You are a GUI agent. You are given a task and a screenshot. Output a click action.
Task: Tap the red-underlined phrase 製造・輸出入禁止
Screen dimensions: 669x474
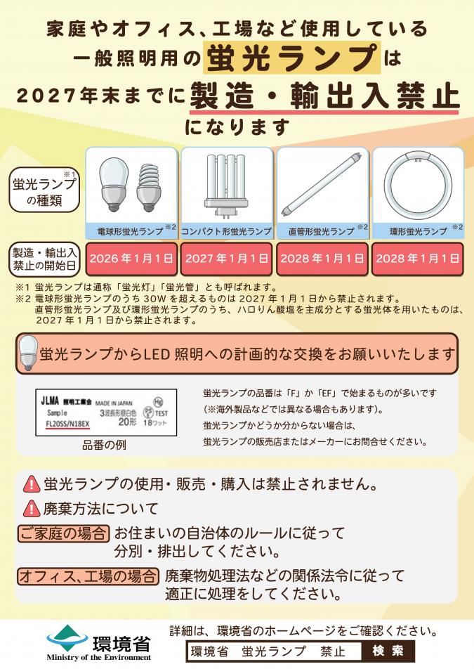(x=324, y=96)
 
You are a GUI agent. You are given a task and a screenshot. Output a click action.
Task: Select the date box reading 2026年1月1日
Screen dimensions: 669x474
(x=131, y=259)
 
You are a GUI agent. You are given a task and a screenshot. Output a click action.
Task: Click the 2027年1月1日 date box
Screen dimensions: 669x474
(x=227, y=259)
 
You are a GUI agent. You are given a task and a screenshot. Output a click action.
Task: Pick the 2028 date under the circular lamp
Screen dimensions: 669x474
(x=417, y=259)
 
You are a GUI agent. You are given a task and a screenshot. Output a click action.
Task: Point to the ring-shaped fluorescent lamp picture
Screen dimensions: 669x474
(x=417, y=186)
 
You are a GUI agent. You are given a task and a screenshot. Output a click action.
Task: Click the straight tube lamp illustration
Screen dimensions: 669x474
(x=322, y=186)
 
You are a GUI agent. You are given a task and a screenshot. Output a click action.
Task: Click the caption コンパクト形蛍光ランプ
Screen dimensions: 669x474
(x=226, y=230)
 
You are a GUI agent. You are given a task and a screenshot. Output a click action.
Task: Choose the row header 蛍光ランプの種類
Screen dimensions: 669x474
(x=44, y=191)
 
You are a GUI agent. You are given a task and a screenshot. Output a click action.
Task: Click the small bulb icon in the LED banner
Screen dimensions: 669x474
(x=29, y=353)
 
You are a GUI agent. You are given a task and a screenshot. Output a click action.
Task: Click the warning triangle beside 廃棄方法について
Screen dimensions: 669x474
(x=32, y=507)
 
